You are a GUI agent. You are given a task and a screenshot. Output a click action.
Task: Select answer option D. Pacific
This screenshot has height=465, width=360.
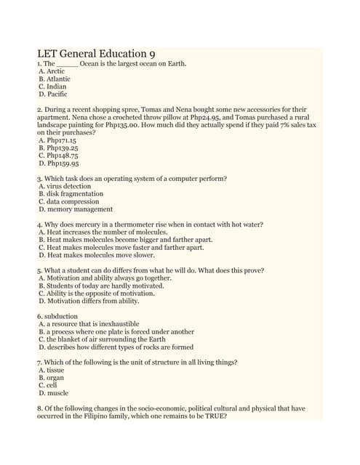pos(52,94)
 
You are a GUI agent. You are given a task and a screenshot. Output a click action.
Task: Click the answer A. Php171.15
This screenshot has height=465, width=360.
pos(58,141)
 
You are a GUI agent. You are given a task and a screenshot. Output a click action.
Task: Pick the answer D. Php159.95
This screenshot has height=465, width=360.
pos(58,163)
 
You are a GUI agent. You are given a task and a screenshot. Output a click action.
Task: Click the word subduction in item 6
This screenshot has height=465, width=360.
pos(58,316)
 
